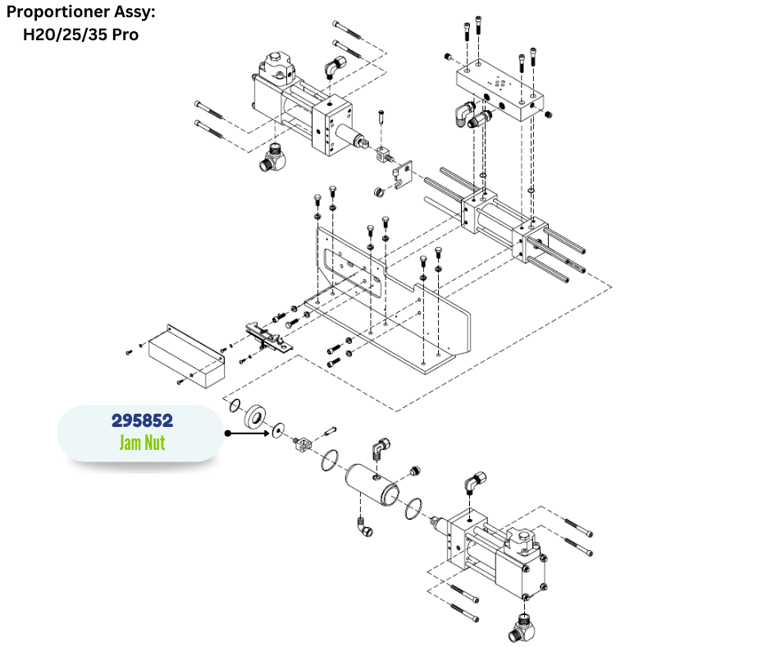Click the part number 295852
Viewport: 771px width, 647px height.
pos(142,420)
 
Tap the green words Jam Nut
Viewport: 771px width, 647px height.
pos(142,443)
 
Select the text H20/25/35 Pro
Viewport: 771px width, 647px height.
pos(80,34)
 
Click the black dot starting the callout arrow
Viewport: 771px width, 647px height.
pos(226,430)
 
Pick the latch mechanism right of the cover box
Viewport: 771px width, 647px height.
pos(266,334)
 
